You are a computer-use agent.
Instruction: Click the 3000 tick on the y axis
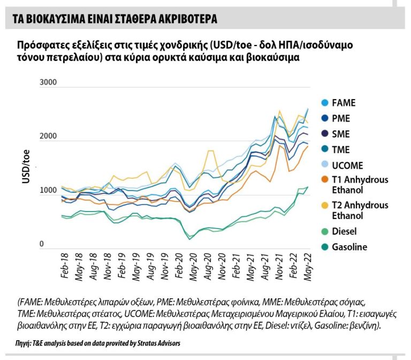point(48,82)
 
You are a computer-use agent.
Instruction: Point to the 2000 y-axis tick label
point(48,137)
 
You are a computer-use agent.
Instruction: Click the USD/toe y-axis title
point(26,168)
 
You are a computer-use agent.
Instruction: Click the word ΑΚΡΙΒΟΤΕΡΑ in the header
point(184,19)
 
